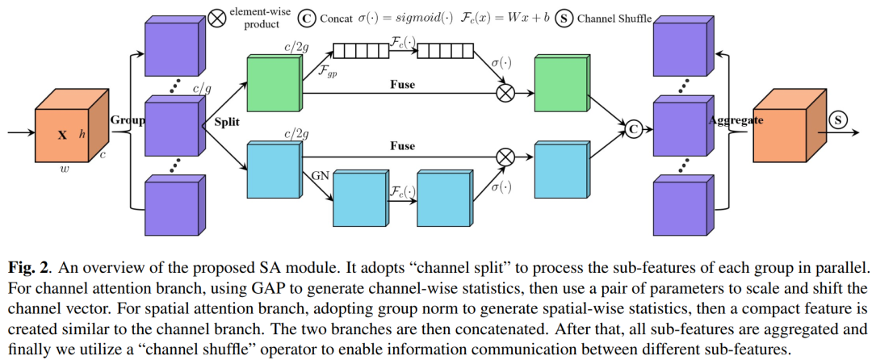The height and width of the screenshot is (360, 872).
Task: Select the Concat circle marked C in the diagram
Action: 631,129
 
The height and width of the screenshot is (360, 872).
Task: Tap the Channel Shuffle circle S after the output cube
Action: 836,119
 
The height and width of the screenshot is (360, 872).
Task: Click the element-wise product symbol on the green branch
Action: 505,93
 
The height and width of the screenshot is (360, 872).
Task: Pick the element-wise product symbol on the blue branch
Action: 505,157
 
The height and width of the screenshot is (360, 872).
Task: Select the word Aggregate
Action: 736,120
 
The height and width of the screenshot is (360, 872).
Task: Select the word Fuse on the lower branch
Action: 403,146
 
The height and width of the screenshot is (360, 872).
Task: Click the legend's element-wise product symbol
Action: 218,19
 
